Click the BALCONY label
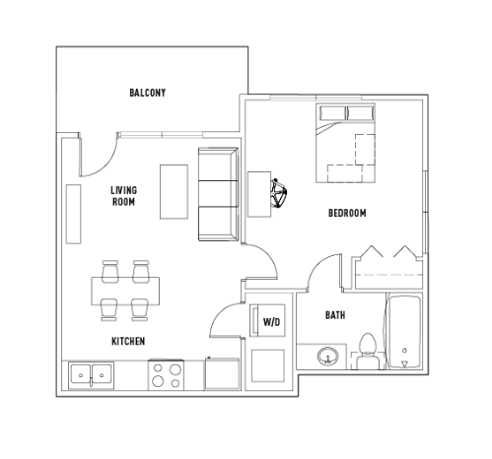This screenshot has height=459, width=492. tap(147, 93)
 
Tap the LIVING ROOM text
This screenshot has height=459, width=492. tap(123, 196)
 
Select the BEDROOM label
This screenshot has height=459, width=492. tap(347, 213)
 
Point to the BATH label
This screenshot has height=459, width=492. tap(335, 315)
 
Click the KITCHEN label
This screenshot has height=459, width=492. tap(128, 342)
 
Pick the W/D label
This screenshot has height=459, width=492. tap(272, 322)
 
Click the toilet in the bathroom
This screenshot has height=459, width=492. tap(368, 352)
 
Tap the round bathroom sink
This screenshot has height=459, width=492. tap(327, 356)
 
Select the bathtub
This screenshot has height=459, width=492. tap(404, 332)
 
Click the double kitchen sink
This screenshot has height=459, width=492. tap(91, 375)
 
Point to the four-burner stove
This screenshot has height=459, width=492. tap(166, 375)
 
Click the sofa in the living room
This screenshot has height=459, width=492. tap(218, 194)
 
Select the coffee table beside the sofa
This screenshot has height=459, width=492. tap(174, 192)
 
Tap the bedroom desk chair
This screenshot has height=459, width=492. tap(278, 194)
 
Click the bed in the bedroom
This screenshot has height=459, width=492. tap(345, 143)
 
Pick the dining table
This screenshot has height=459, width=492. tap(125, 292)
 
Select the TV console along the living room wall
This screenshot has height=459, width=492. tap(73, 214)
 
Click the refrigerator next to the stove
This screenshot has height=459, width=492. tap(222, 373)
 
